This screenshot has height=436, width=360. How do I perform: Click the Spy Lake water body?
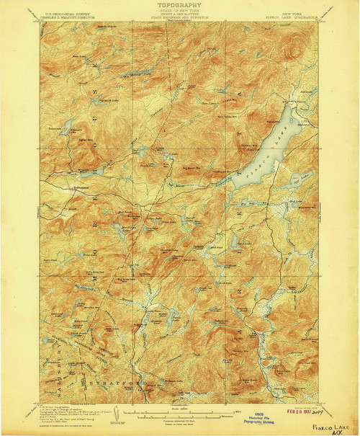pos(296,179)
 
